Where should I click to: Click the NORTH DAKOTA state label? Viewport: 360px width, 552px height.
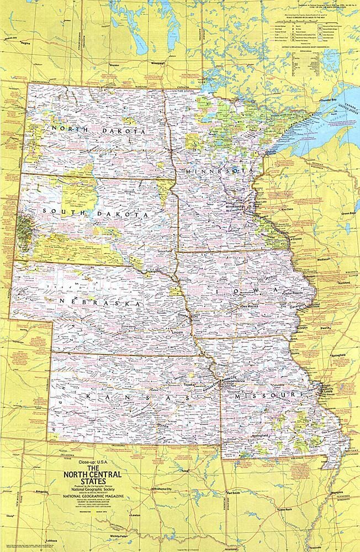[98, 131]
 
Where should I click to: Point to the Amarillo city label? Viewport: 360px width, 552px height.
[43, 490]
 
